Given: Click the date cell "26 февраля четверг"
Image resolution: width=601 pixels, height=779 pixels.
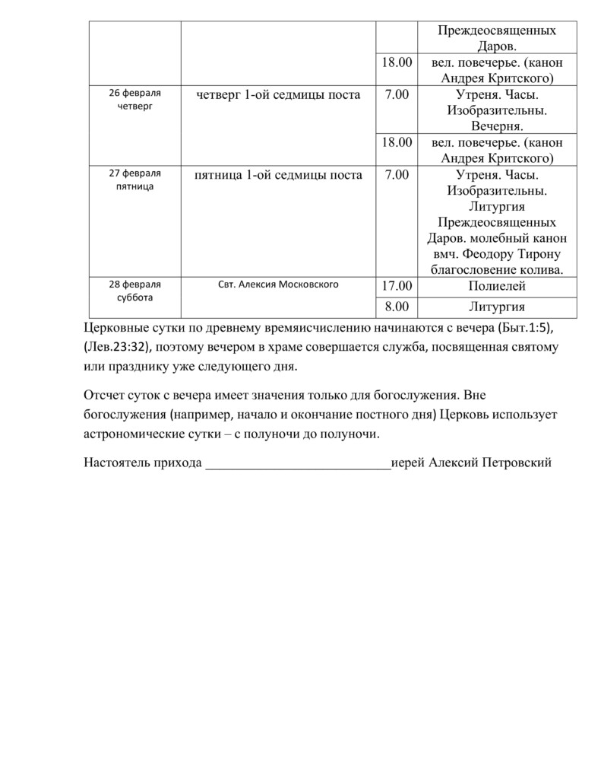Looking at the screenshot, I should click(134, 100).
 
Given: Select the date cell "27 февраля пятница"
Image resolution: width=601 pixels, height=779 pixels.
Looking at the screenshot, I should click(134, 180).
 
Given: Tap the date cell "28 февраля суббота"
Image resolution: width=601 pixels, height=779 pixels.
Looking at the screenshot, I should click(134, 291).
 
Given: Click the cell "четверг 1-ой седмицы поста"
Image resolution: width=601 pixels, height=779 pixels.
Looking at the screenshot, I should click(279, 94).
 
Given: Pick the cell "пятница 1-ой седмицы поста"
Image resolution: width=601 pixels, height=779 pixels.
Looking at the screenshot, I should click(279, 175).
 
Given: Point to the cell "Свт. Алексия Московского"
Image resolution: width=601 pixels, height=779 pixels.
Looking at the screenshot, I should click(278, 285).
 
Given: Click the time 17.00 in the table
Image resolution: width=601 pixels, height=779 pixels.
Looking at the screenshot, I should click(396, 286).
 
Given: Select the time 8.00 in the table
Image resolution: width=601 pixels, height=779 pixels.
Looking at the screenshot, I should click(396, 307).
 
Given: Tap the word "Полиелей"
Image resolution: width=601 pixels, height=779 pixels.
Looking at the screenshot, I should click(497, 286).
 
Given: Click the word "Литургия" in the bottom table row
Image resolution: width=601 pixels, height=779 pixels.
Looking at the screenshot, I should click(497, 307).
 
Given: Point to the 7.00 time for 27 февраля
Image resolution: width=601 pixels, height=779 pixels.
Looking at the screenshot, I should click(396, 175).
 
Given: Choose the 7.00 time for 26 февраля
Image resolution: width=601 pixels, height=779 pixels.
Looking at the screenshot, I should click(396, 94).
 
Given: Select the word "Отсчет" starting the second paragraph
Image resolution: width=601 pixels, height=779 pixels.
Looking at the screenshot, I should click(103, 396).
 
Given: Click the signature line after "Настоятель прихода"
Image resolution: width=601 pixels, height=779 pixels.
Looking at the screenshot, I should click(298, 463).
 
